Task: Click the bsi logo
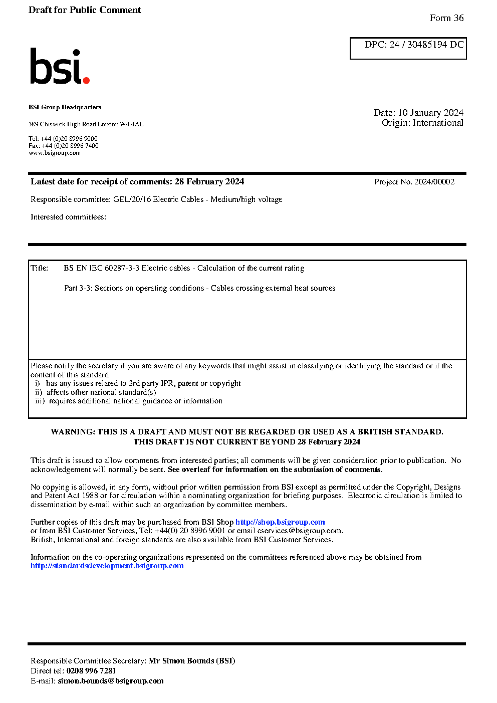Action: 59,67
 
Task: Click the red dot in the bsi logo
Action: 86,80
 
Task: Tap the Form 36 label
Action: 446,18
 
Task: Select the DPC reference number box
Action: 408,48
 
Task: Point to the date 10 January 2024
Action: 430,113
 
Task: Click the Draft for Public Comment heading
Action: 85,10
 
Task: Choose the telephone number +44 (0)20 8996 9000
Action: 69,139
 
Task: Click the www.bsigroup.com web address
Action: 55,153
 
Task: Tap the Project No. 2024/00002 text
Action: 414,182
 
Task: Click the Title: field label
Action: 40,268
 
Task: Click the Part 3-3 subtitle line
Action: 199,288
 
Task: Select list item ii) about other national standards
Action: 96,392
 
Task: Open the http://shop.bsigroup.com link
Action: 280,522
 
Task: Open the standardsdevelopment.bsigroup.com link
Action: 107,566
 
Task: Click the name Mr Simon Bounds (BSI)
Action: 192,661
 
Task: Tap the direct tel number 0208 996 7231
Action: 91,671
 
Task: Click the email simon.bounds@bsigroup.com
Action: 111,681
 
